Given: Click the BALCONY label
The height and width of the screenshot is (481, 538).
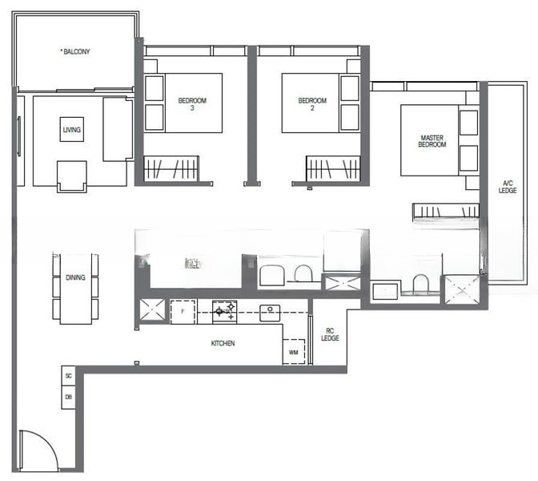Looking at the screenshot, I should [76, 52].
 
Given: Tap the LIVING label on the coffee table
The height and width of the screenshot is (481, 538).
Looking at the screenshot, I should [71, 129].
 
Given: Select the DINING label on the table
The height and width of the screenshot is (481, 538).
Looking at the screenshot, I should [75, 278].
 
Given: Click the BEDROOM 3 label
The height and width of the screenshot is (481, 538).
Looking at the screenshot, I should [192, 104].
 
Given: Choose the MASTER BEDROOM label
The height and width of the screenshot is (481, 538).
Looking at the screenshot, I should [432, 142].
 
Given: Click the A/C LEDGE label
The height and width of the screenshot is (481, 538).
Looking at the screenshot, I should [507, 186].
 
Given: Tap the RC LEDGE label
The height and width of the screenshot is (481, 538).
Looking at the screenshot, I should [330, 334].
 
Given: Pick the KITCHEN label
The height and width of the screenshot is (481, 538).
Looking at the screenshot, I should [223, 343].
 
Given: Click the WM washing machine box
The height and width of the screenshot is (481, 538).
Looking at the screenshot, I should [294, 351].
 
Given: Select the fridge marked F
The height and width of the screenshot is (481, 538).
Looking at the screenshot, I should [183, 311].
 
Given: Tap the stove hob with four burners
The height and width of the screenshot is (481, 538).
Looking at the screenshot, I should [224, 310].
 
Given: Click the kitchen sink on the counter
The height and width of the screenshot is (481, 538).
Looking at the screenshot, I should [270, 311].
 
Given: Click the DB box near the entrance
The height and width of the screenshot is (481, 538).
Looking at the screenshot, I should [69, 397].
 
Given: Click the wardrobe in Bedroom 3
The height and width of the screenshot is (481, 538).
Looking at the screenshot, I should [172, 168].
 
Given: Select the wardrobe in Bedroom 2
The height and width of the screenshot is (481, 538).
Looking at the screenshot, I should [333, 168].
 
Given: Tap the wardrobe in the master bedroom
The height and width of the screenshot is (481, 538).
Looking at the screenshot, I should [445, 212].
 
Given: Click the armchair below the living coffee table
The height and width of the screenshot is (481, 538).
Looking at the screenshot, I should [71, 176].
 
